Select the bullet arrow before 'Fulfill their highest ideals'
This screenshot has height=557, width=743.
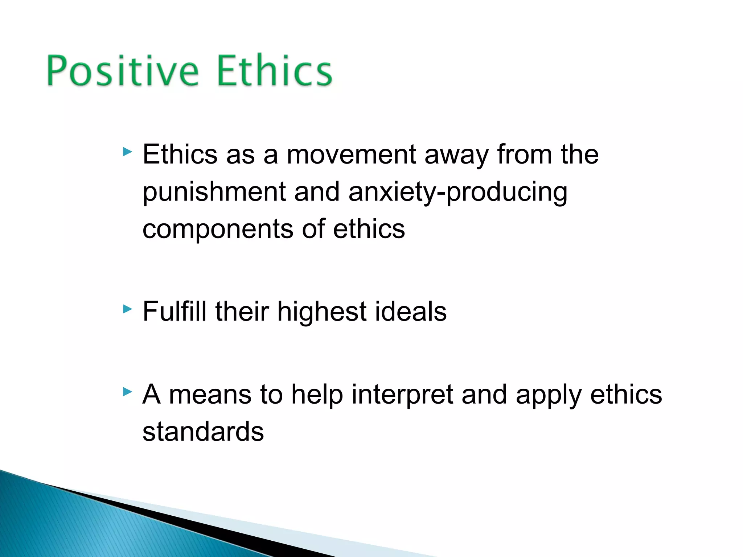(x=127, y=309)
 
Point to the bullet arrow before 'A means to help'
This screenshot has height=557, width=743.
(x=127, y=392)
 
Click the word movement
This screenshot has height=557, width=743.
(x=351, y=154)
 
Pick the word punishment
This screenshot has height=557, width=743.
(x=214, y=192)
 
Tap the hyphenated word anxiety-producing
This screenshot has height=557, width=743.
(x=458, y=192)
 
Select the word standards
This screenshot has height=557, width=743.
(x=203, y=432)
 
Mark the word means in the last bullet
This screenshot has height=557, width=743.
(x=210, y=395)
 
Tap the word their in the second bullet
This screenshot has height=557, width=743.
(x=242, y=311)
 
